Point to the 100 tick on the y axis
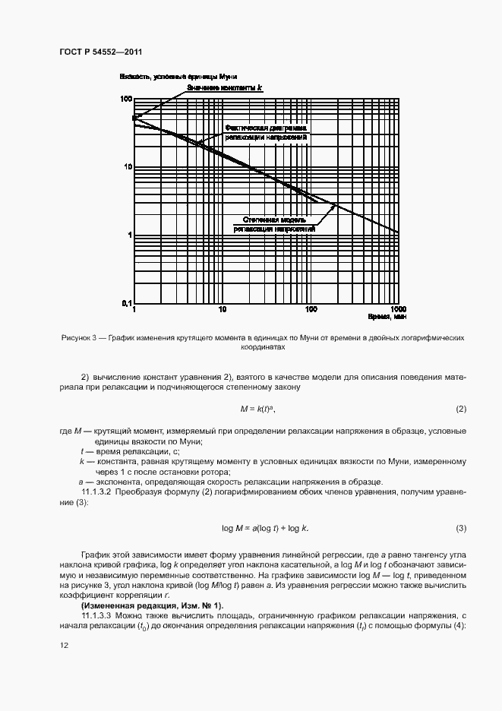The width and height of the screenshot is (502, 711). tap(126, 99)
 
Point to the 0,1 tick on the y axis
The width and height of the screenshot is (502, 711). tap(125, 303)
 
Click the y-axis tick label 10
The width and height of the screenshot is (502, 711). tap(128, 167)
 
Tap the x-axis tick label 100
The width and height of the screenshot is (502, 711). tap(311, 310)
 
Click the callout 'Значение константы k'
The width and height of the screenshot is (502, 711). tap(226, 88)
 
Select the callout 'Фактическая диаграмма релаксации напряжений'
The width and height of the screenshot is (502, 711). tap(266, 132)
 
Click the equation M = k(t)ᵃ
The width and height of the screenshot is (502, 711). tap(256, 409)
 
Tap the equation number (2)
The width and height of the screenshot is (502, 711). tap(461, 409)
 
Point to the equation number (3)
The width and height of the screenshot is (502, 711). tap(461, 528)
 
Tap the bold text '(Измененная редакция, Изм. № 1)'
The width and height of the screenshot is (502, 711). tap(152, 605)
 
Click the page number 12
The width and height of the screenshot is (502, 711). tap(63, 645)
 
